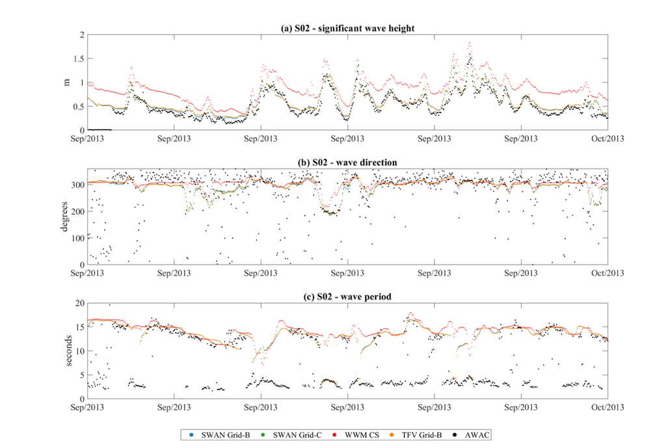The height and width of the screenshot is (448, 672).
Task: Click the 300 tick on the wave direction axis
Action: click(77, 185)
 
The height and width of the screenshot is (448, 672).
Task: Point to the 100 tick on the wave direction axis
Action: click(77, 238)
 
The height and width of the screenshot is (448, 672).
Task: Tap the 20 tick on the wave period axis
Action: click(79, 303)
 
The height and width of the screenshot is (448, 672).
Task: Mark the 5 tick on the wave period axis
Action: click(81, 375)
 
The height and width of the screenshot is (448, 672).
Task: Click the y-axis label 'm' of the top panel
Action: click(66, 83)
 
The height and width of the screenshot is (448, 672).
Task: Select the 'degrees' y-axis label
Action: click(66, 217)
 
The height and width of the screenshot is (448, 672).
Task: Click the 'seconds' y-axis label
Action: click(66, 351)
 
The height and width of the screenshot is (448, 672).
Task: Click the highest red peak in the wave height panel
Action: click(469, 43)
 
